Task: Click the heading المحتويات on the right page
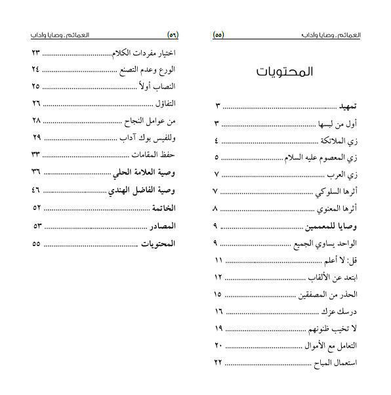284,72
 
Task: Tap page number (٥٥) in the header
218,35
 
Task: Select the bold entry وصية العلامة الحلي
146,173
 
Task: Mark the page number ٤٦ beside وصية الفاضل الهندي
36,190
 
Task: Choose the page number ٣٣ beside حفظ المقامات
36,154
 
